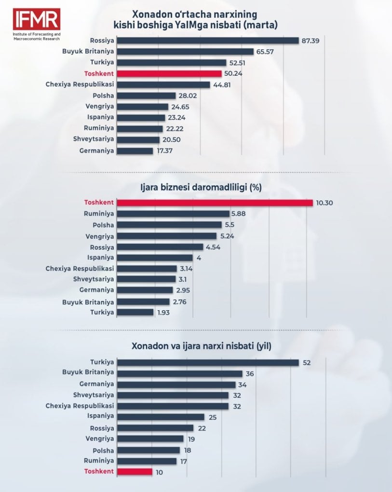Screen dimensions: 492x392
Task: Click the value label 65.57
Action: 265,52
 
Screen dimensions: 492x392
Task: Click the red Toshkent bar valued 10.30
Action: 215,203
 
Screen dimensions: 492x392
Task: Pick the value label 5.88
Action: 240,214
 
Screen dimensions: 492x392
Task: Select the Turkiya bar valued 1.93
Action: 135,313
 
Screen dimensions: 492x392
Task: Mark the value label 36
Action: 250,373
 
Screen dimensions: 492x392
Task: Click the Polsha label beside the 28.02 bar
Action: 103,96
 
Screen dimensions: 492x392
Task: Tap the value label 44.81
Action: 222,85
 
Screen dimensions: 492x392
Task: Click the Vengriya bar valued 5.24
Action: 167,236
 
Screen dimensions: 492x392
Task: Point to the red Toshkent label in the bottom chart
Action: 99,471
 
